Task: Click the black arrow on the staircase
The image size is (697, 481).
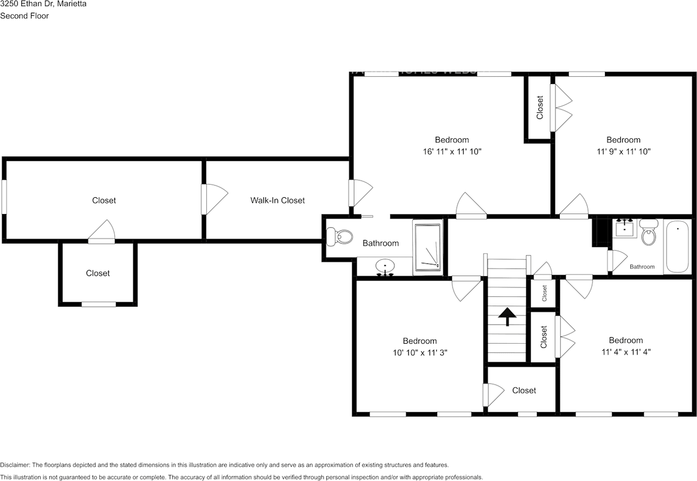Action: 507,316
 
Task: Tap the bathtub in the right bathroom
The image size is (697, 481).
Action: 677,246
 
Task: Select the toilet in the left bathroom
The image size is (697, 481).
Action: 340,236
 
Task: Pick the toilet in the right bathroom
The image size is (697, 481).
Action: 648,233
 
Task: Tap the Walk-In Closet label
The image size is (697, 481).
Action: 277,200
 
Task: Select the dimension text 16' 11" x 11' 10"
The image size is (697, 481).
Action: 452,151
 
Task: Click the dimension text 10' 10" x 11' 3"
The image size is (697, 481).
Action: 420,352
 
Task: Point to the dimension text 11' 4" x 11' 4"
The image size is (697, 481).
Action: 626,352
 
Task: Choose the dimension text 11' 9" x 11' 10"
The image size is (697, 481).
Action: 623,151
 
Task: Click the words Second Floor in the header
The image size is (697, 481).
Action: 25,16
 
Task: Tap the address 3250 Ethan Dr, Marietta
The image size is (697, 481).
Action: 43,4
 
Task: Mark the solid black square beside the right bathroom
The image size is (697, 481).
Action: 601,232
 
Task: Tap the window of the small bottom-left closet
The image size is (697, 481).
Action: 99,304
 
